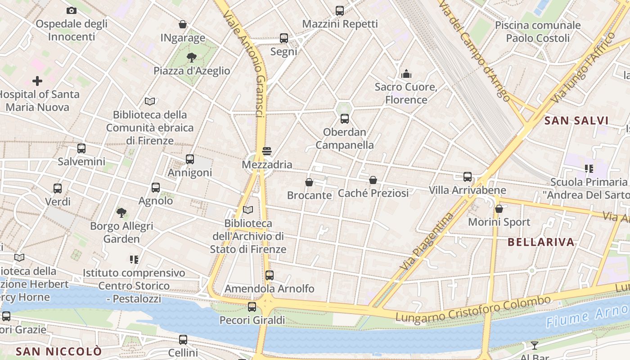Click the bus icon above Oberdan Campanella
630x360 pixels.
tap(344, 119)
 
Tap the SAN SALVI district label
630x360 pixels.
tap(576, 121)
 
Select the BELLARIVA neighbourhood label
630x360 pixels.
tap(541, 242)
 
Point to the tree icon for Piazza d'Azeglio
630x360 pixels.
tap(192, 58)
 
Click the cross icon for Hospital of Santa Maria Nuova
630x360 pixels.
tap(37, 81)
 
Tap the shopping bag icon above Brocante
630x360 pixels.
tap(309, 182)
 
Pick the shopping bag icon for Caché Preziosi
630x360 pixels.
tap(373, 180)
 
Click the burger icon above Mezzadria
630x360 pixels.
tap(267, 151)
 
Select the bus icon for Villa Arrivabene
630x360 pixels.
tap(468, 177)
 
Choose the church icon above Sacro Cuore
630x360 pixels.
tap(406, 74)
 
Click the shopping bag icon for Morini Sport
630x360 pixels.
tap(499, 209)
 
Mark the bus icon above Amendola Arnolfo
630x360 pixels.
tap(269, 275)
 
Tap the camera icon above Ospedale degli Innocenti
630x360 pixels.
tap(71, 10)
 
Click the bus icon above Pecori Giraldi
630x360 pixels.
tap(252, 307)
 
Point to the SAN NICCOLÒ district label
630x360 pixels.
tap(58, 351)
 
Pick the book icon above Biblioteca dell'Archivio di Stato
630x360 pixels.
tap(248, 210)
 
